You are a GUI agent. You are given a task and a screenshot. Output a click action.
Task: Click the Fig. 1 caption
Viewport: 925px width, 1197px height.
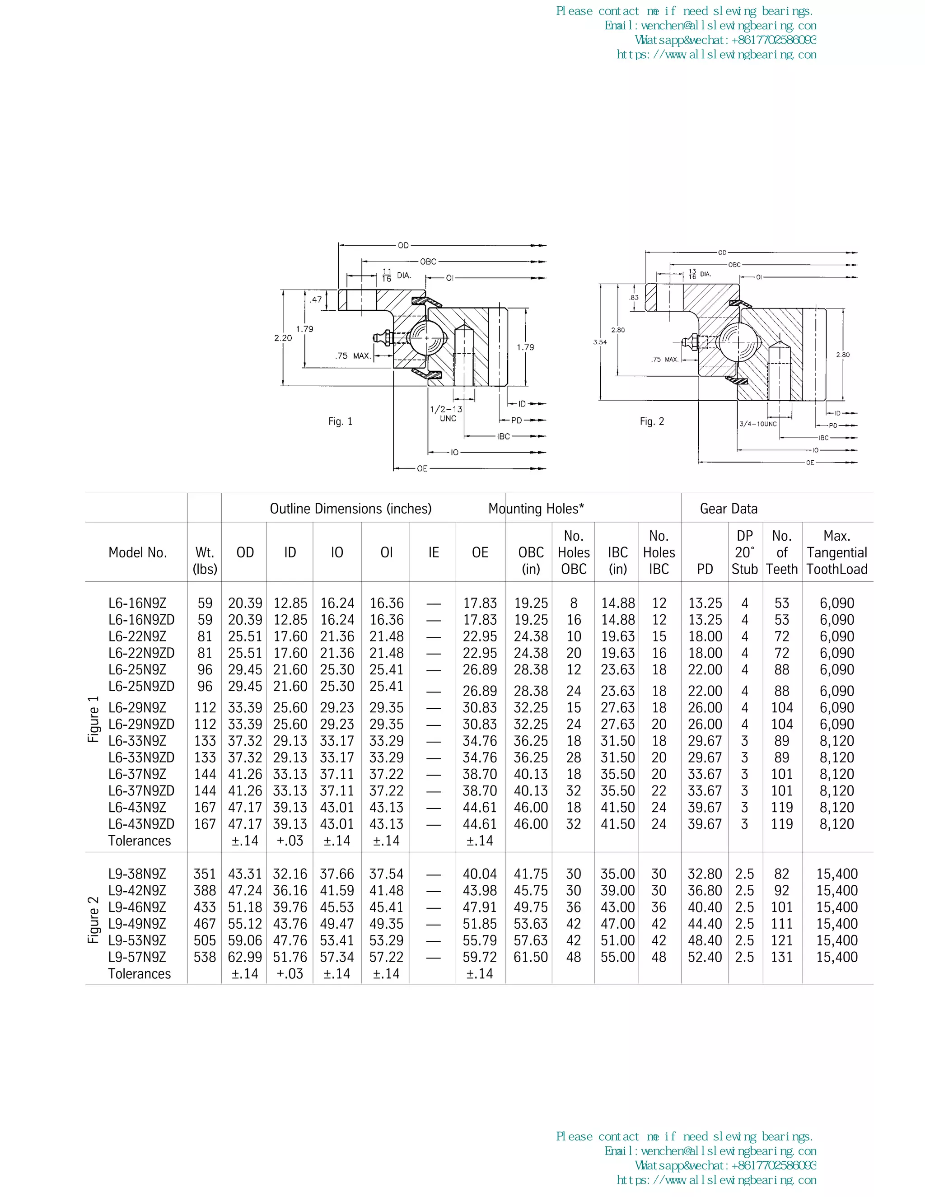point(340,421)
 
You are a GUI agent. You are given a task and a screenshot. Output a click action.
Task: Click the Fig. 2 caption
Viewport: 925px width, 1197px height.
point(652,421)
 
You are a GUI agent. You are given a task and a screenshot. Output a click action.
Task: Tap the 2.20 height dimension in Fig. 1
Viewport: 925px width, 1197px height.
point(283,338)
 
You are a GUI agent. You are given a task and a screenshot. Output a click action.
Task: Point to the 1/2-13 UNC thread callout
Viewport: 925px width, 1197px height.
point(446,414)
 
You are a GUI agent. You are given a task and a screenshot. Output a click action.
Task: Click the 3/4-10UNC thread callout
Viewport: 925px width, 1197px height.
point(758,424)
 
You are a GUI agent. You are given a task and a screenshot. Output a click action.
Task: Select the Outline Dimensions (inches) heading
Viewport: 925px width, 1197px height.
point(350,509)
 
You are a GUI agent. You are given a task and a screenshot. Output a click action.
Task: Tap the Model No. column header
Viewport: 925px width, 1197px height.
point(138,552)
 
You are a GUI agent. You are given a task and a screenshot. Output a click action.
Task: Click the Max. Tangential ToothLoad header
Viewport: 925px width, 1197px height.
point(837,552)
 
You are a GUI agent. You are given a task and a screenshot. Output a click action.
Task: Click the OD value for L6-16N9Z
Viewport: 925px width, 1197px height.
point(245,603)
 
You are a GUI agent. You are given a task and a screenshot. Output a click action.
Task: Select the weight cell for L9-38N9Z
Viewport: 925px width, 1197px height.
point(205,874)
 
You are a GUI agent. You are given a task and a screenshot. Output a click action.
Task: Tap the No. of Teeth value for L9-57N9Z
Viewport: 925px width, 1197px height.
point(781,957)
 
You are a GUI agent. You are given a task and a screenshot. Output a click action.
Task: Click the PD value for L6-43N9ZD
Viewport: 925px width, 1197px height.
point(705,824)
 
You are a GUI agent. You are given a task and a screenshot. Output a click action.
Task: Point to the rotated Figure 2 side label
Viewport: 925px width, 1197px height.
point(93,920)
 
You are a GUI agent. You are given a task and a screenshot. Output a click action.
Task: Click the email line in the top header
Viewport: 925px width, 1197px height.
point(710,26)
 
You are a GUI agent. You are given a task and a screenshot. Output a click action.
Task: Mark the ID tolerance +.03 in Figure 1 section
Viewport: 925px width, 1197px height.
point(290,841)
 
